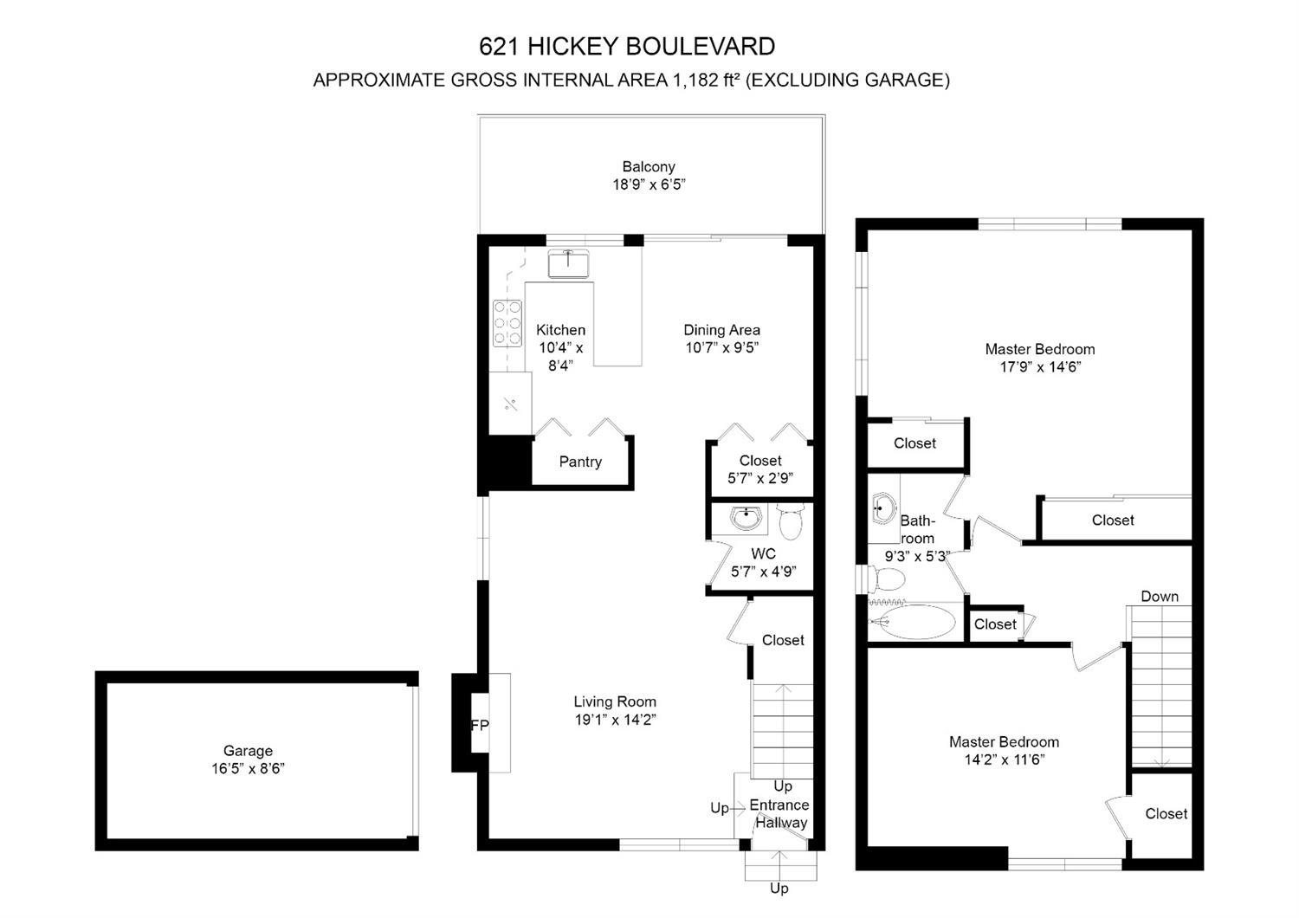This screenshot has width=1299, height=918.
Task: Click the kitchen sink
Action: pyautogui.click(x=568, y=262)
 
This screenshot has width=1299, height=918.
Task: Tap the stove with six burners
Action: pyautogui.click(x=507, y=322)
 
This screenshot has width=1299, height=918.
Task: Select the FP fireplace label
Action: pyautogui.click(x=480, y=725)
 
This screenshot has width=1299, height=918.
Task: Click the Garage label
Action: pyautogui.click(x=248, y=751)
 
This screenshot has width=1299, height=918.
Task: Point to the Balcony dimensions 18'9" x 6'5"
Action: pyautogui.click(x=649, y=184)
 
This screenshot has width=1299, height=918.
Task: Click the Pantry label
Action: pyautogui.click(x=580, y=462)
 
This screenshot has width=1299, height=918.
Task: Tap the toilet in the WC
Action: pyautogui.click(x=792, y=521)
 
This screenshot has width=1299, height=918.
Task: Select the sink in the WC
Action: pyautogui.click(x=746, y=517)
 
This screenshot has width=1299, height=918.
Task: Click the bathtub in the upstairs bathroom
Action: pyautogui.click(x=913, y=622)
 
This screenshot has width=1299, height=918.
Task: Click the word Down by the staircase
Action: pyautogui.click(x=1160, y=596)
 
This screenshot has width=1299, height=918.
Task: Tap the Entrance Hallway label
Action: pyautogui.click(x=779, y=814)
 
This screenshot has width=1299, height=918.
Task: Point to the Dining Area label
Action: pyautogui.click(x=721, y=330)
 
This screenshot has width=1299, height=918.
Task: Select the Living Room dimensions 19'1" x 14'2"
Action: pyautogui.click(x=615, y=720)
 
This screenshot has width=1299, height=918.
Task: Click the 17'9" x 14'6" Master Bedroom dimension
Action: pyautogui.click(x=1039, y=366)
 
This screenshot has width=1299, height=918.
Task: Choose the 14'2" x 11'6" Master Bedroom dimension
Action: pyautogui.click(x=1004, y=760)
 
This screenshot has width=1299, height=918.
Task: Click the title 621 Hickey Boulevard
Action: pyautogui.click(x=627, y=45)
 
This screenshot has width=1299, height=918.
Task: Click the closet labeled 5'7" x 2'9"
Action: pyautogui.click(x=760, y=469)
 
